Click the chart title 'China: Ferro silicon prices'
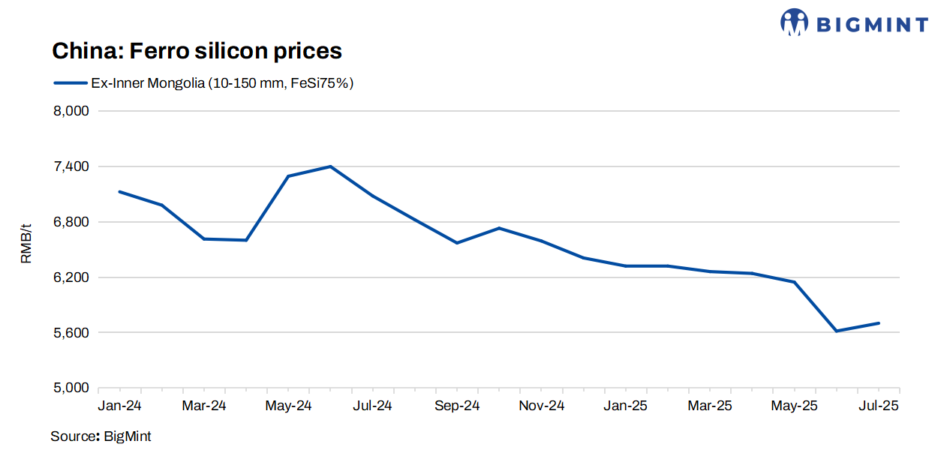click(197, 51)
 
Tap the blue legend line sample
click(70, 83)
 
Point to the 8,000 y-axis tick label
click(72, 111)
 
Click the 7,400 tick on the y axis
click(72, 166)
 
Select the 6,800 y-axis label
click(72, 222)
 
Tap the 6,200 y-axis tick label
click(72, 277)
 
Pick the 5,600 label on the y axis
click(72, 333)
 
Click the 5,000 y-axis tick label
click(72, 388)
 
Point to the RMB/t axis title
click(26, 244)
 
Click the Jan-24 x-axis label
click(120, 406)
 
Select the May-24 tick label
click(289, 406)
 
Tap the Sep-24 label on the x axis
click(457, 406)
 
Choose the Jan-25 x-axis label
click(626, 406)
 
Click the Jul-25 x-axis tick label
click(878, 406)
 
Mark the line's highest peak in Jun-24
click(331, 166)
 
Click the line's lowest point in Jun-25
click(837, 331)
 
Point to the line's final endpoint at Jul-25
click(879, 323)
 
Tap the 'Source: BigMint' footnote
click(101, 436)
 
